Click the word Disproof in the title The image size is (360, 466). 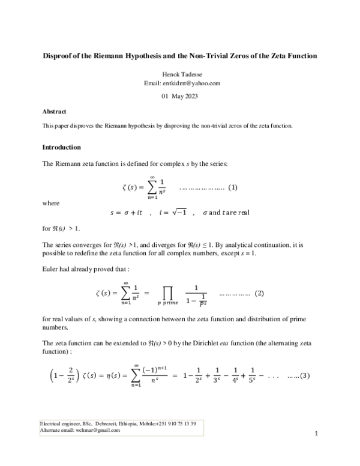tap(60, 56)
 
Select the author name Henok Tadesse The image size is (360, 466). tap(179, 74)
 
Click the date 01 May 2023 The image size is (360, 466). tap(179, 96)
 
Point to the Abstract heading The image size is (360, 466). tap(54, 112)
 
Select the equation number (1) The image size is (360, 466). tap(233, 187)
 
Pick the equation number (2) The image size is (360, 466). tap(260, 294)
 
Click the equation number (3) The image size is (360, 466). tap(308, 375)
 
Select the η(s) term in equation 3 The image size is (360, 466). tap(110, 375)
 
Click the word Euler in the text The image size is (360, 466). tap(50, 269)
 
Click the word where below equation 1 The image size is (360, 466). tap(51, 203)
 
